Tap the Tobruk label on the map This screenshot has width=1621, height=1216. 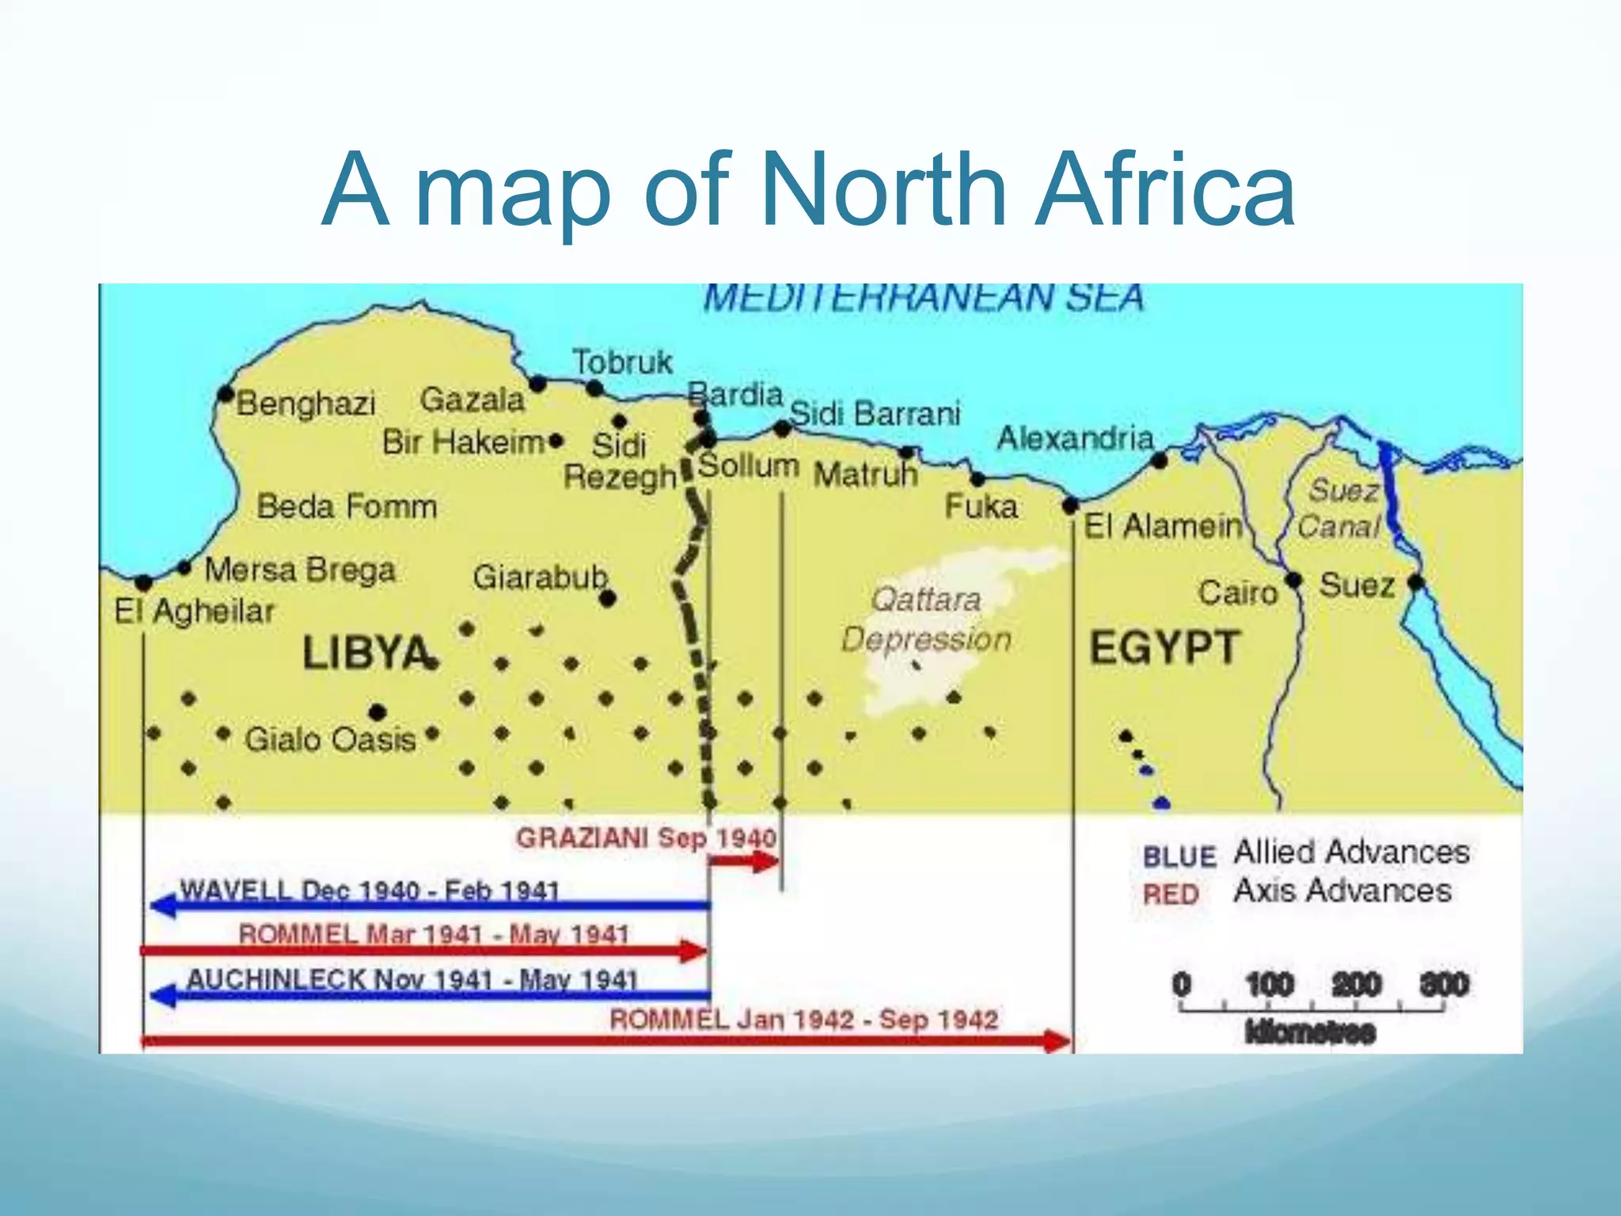point(622,363)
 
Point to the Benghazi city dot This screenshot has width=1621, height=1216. point(226,393)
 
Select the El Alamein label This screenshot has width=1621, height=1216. point(1163,526)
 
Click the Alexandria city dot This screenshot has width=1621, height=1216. point(1160,461)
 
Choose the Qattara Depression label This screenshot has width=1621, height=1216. point(926,619)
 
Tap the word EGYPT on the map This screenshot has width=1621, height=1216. point(1164,648)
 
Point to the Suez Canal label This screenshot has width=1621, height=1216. point(1341,507)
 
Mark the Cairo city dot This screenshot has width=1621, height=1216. point(1294,580)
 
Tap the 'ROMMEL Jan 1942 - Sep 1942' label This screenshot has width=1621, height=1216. point(803,1019)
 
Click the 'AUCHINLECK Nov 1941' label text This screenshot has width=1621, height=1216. point(412,979)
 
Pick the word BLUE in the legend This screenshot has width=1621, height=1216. point(1179,857)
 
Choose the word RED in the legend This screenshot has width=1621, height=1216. point(1171,895)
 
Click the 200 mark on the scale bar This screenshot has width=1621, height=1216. point(1357,985)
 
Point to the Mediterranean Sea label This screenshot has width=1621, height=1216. point(924,298)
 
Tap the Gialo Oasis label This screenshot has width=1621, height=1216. point(330,739)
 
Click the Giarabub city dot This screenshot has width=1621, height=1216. point(607,599)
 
